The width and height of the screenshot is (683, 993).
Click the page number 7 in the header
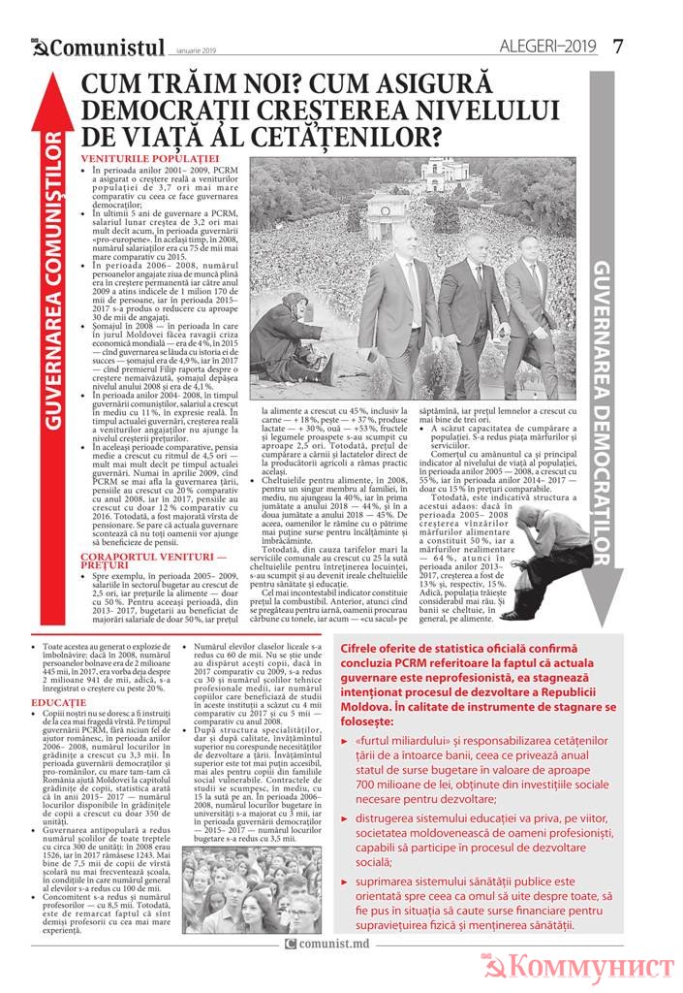tap(618, 46)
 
